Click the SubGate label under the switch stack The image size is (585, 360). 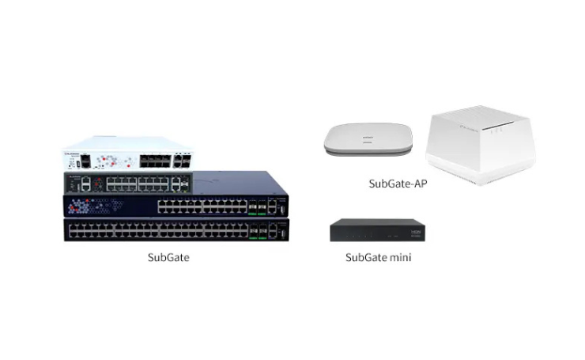click(x=168, y=257)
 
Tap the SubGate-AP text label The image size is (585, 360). click(x=398, y=184)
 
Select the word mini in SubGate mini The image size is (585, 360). click(x=400, y=257)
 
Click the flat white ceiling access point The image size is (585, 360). click(x=368, y=139)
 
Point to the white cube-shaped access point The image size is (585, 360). click(x=481, y=145)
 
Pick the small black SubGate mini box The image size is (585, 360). click(x=377, y=230)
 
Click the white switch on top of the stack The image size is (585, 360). click(x=129, y=153)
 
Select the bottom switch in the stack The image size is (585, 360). click(x=176, y=229)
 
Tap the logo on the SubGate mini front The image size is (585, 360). click(x=415, y=232)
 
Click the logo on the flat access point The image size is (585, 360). click(x=368, y=138)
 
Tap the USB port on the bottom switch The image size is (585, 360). click(x=283, y=233)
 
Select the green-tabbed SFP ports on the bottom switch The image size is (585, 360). click(x=258, y=232)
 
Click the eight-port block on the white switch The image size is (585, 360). click(x=155, y=161)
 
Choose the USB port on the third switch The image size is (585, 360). click(x=283, y=210)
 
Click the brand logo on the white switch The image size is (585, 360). click(x=73, y=153)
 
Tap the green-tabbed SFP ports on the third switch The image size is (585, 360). click(x=258, y=207)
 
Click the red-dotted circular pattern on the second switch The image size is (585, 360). click(x=98, y=184)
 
